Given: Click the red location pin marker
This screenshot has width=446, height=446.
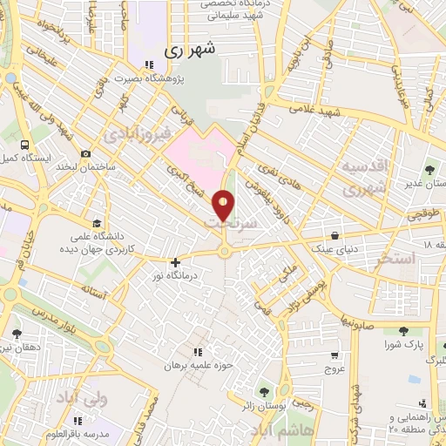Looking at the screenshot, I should point(225,205).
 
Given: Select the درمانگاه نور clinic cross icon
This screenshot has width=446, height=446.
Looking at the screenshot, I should point(176,261).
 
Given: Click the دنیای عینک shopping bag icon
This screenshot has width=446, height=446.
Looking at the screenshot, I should point(336,235).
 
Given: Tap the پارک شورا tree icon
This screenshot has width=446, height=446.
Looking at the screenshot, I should point(403,332).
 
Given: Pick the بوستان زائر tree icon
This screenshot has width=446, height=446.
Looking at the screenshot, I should point(284,389).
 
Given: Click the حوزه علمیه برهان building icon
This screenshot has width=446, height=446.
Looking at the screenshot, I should point(197,352).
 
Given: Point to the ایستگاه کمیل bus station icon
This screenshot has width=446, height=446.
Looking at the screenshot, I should point(24,145).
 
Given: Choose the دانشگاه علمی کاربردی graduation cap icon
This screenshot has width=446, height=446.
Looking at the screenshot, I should point(93,222).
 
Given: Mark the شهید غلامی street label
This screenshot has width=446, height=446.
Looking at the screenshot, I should point(317,113).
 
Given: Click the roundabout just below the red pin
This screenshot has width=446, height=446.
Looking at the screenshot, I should point(225,251).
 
